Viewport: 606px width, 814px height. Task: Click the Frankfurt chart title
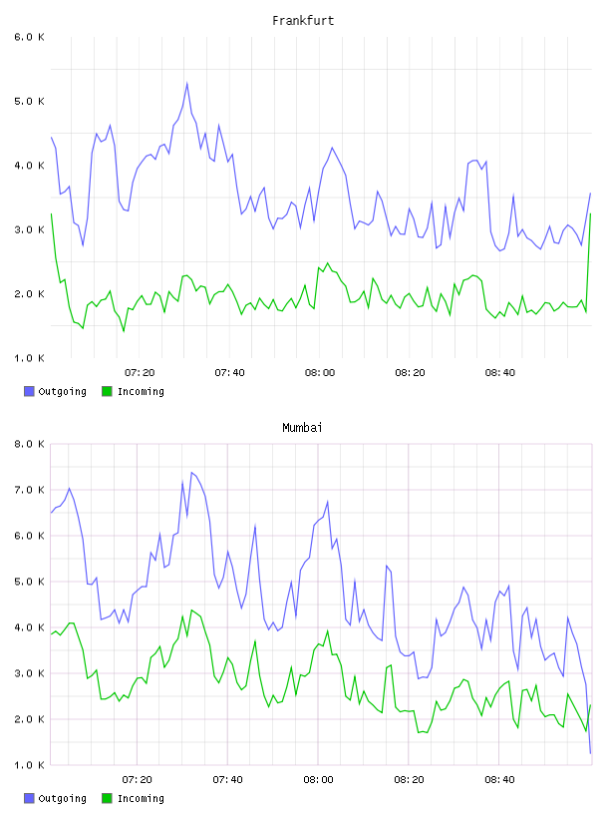tap(303, 21)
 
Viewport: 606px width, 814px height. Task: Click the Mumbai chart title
tap(302, 428)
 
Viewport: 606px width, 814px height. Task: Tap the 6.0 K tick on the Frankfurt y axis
tap(29, 37)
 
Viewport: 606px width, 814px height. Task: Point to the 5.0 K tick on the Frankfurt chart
tap(29, 101)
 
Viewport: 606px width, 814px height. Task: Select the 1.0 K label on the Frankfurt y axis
tap(29, 358)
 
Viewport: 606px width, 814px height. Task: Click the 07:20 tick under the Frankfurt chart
tap(140, 373)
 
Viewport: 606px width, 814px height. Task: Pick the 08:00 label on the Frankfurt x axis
tap(320, 373)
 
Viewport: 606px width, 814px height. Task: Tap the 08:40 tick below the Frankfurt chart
tap(500, 373)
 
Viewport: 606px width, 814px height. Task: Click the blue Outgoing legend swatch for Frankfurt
tap(29, 391)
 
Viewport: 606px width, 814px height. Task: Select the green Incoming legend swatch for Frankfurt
tap(107, 391)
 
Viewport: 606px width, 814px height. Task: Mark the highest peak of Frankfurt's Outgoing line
tap(186, 83)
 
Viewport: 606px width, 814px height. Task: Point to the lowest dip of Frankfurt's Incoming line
tap(124, 331)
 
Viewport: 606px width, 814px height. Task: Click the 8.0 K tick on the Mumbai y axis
tap(29, 444)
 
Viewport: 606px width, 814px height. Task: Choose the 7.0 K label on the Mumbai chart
tap(29, 490)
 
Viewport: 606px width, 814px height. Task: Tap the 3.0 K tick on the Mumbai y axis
tap(29, 673)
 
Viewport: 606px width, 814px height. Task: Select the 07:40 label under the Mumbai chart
tap(228, 780)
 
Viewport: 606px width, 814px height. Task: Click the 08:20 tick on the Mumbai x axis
tap(409, 780)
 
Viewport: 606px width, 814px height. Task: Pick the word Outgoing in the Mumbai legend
tap(62, 798)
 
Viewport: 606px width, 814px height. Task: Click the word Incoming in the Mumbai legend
tap(141, 798)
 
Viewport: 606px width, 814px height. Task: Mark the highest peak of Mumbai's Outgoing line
tap(191, 473)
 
